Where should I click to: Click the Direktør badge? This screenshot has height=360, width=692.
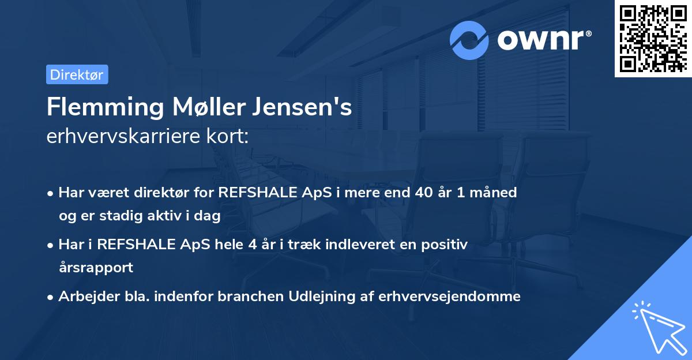pyautogui.click(x=77, y=74)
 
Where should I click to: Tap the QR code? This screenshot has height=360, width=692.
pyautogui.click(x=653, y=38)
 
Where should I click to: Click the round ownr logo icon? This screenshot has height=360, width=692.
pyautogui.click(x=469, y=40)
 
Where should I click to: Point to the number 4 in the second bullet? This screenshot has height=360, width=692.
pyautogui.click(x=252, y=245)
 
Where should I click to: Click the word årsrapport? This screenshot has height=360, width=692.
pyautogui.click(x=96, y=268)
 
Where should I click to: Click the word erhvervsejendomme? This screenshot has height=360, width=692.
pyautogui.click(x=449, y=297)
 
